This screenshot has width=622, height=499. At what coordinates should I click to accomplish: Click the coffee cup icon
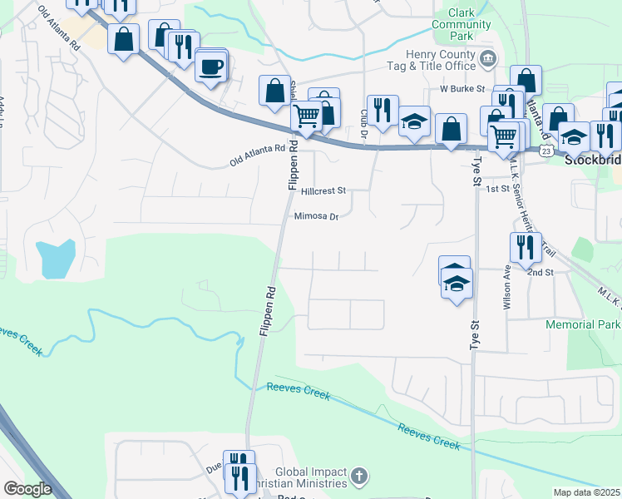point(211,66)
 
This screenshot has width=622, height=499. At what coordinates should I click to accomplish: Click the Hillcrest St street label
point(323,190)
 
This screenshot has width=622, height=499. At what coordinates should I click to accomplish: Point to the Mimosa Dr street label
point(317,217)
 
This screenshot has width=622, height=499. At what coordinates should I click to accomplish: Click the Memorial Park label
point(583,324)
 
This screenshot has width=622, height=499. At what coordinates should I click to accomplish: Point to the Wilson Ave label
point(506,287)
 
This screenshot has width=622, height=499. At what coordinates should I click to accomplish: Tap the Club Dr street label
point(364,122)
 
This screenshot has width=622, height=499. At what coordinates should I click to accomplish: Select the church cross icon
point(358,477)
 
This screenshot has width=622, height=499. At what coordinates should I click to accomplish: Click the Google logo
point(27,489)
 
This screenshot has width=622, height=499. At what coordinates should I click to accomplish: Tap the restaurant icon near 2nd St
point(526,247)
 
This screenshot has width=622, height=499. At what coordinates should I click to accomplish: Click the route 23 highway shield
point(545,151)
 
